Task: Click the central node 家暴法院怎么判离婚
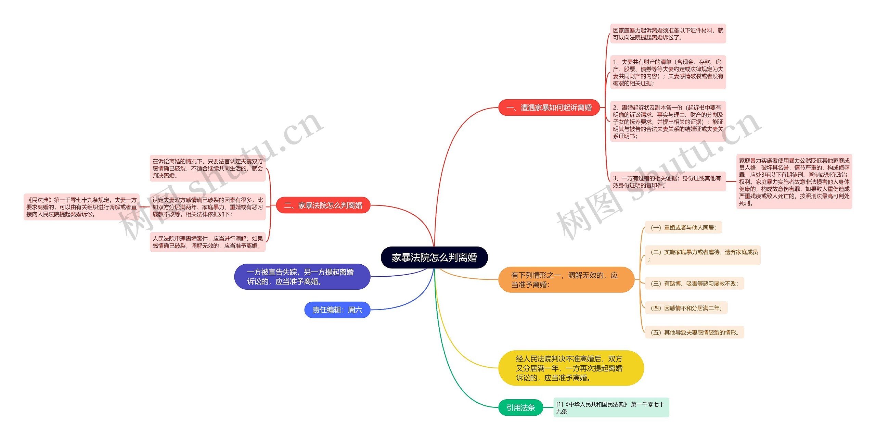pyautogui.click(x=434, y=257)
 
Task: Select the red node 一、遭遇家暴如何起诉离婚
pyautogui.click(x=549, y=108)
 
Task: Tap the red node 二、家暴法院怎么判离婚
pyautogui.click(x=323, y=205)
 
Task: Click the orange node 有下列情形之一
pyautogui.click(x=566, y=280)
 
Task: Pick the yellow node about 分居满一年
pyautogui.click(x=571, y=368)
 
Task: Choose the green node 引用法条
pyautogui.click(x=520, y=407)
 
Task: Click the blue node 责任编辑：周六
pyautogui.click(x=337, y=310)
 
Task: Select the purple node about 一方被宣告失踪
pyautogui.click(x=302, y=277)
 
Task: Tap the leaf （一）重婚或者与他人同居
pyautogui.click(x=683, y=228)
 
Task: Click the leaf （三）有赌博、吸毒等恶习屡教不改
pyautogui.click(x=694, y=283)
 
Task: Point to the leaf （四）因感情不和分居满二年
pyautogui.click(x=686, y=308)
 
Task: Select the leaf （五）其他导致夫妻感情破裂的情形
pyautogui.click(x=694, y=332)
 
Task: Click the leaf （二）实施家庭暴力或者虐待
pyautogui.click(x=702, y=255)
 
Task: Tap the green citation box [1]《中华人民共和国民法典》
pyautogui.click(x=611, y=407)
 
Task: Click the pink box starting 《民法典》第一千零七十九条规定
pyautogui.click(x=81, y=207)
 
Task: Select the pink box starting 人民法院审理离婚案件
pyautogui.click(x=207, y=242)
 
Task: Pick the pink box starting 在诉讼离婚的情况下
pyautogui.click(x=207, y=168)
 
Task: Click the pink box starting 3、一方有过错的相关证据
pyautogui.click(x=668, y=181)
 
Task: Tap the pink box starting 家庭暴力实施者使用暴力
pyautogui.click(x=794, y=181)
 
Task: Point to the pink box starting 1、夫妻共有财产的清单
pyautogui.click(x=668, y=72)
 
